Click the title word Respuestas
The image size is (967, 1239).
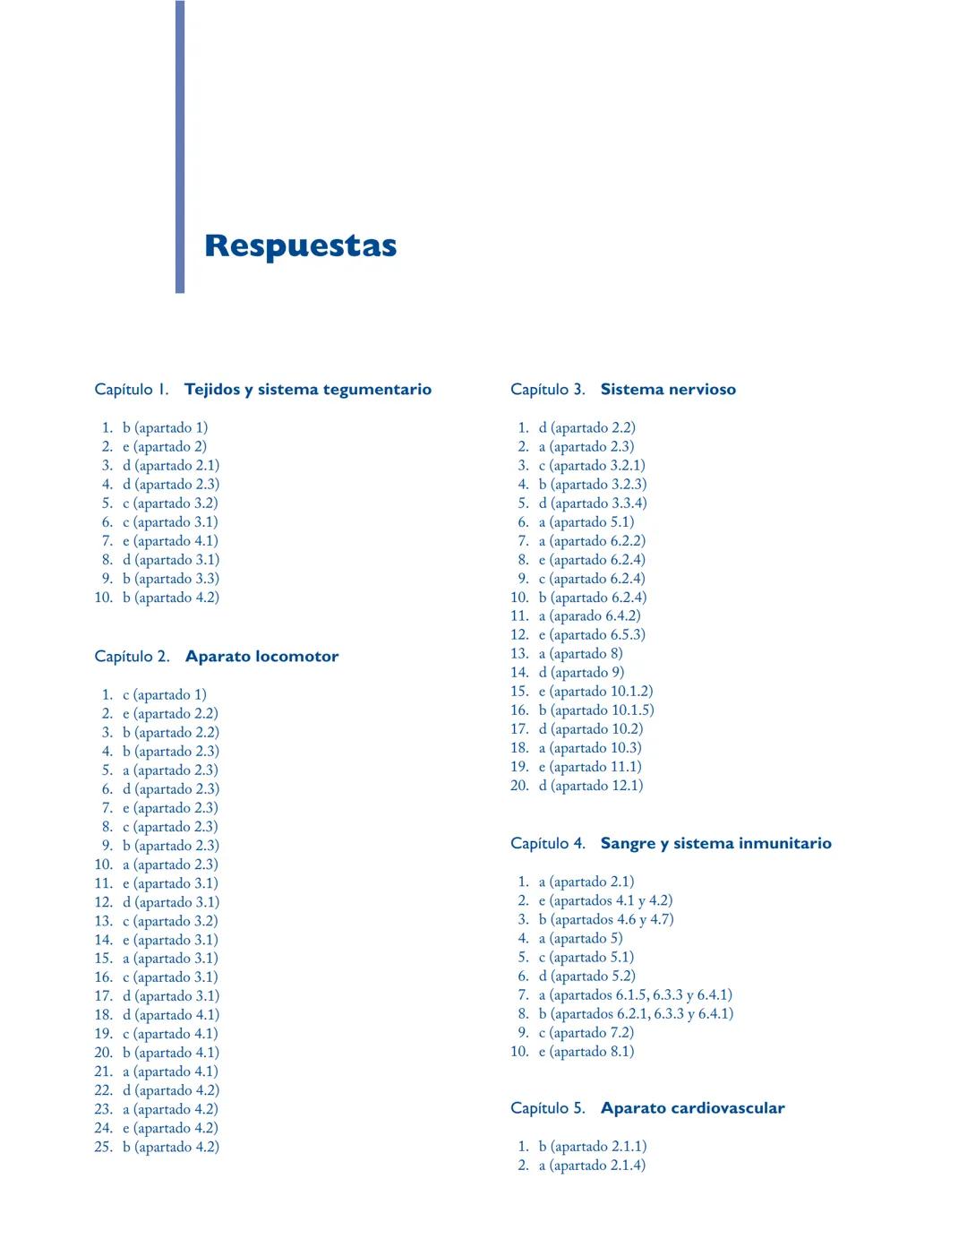300,245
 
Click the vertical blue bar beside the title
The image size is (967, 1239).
180,147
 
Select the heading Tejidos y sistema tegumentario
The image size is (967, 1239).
308,390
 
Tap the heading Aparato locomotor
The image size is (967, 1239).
261,657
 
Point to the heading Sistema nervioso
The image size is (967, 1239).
668,390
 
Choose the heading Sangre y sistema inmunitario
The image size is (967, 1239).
715,843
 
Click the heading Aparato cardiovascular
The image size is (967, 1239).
692,1108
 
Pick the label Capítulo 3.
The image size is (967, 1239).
547,390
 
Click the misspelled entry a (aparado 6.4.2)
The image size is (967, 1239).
589,616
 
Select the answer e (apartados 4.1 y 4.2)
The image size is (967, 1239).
605,900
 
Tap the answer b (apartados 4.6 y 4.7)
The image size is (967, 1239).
605,919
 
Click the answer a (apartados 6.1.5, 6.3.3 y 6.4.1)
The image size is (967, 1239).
635,994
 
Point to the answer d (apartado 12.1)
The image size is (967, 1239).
590,786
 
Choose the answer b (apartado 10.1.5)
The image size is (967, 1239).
595,710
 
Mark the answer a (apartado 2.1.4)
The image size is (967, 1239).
591,1166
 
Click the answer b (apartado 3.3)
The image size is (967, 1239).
170,579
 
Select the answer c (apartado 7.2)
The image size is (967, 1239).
586,1033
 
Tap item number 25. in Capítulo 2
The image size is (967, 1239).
103,1147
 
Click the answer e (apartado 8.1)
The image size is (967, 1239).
586,1052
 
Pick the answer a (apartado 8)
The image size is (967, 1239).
580,654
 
